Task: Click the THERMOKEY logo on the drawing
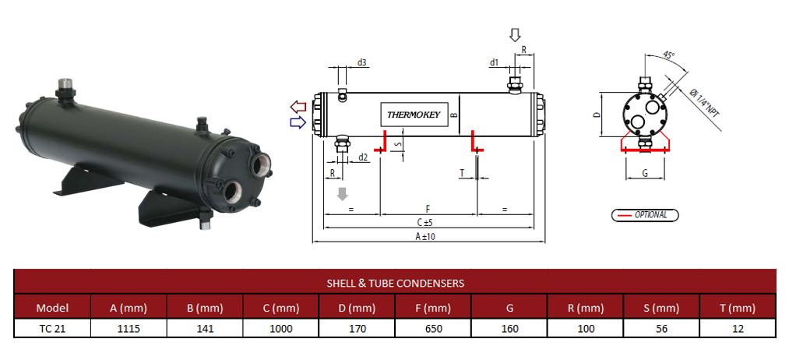(x=414, y=115)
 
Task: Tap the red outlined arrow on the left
(x=297, y=106)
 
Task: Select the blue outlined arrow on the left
(x=297, y=122)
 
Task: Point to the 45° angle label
(x=668, y=56)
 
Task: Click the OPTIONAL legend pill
(x=644, y=215)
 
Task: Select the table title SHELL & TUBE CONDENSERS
(x=395, y=283)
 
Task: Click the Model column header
(x=52, y=307)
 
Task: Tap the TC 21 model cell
(x=52, y=328)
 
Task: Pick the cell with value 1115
(x=129, y=328)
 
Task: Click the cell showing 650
(x=434, y=328)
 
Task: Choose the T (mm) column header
(x=738, y=307)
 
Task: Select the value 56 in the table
(x=661, y=328)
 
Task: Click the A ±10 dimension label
(x=425, y=236)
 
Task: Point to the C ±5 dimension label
(x=425, y=223)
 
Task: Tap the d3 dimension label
(x=362, y=62)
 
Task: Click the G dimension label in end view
(x=645, y=173)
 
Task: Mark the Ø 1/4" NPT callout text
(x=704, y=102)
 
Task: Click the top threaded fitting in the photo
(x=66, y=84)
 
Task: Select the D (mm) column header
(x=358, y=307)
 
